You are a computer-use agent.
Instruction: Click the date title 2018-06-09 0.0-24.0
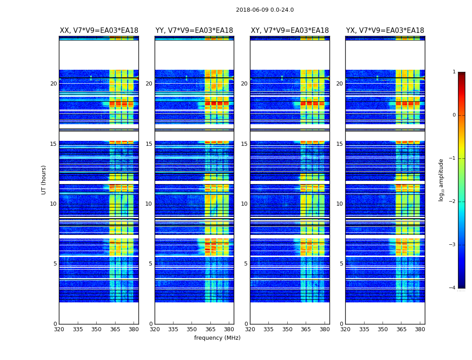click(x=265, y=10)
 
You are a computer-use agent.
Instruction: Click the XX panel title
click(x=99, y=31)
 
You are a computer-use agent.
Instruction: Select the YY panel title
click(x=194, y=31)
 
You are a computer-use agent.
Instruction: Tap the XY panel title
click(x=289, y=31)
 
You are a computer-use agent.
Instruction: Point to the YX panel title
click(x=385, y=31)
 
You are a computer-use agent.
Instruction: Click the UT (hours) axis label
click(x=44, y=180)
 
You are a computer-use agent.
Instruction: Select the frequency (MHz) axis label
click(x=217, y=338)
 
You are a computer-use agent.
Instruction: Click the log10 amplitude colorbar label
click(x=441, y=180)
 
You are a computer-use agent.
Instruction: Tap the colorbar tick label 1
click(x=454, y=72)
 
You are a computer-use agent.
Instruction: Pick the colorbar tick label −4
click(x=452, y=288)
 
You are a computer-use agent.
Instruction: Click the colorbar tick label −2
click(x=452, y=202)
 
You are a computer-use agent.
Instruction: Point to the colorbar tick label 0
click(x=454, y=115)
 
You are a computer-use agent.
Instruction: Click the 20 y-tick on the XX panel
click(x=53, y=84)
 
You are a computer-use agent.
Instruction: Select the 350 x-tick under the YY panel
click(x=192, y=329)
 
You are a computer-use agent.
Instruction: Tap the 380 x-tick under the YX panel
click(x=420, y=329)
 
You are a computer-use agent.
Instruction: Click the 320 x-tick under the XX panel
click(x=59, y=329)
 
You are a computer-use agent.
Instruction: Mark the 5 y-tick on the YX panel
click(x=341, y=264)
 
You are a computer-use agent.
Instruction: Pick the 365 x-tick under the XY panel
click(x=306, y=329)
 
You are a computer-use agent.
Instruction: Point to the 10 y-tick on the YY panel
click(x=149, y=204)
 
